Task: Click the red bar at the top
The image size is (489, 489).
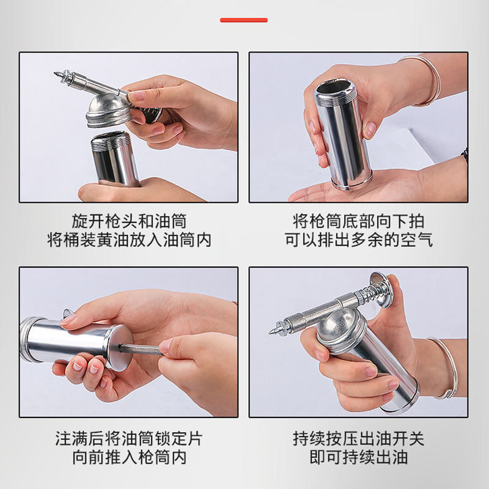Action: [x=243, y=20]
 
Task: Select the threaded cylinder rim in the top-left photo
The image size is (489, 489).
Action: [x=111, y=141]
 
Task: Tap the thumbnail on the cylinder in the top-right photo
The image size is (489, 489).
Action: [x=370, y=130]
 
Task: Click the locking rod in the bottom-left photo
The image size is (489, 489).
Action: [x=140, y=349]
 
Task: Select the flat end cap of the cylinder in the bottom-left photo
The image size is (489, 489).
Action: [x=120, y=347]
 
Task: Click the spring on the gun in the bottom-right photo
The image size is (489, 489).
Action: [x=374, y=293]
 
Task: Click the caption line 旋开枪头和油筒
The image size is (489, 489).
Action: [x=129, y=221]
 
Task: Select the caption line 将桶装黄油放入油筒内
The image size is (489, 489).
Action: [x=129, y=240]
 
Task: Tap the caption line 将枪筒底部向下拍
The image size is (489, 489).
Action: [x=359, y=221]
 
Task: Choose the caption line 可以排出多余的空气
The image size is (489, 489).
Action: [x=359, y=240]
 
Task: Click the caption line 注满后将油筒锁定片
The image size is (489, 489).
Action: [x=129, y=438]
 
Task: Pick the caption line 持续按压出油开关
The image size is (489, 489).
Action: [x=359, y=438]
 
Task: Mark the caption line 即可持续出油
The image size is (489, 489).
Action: [x=359, y=457]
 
